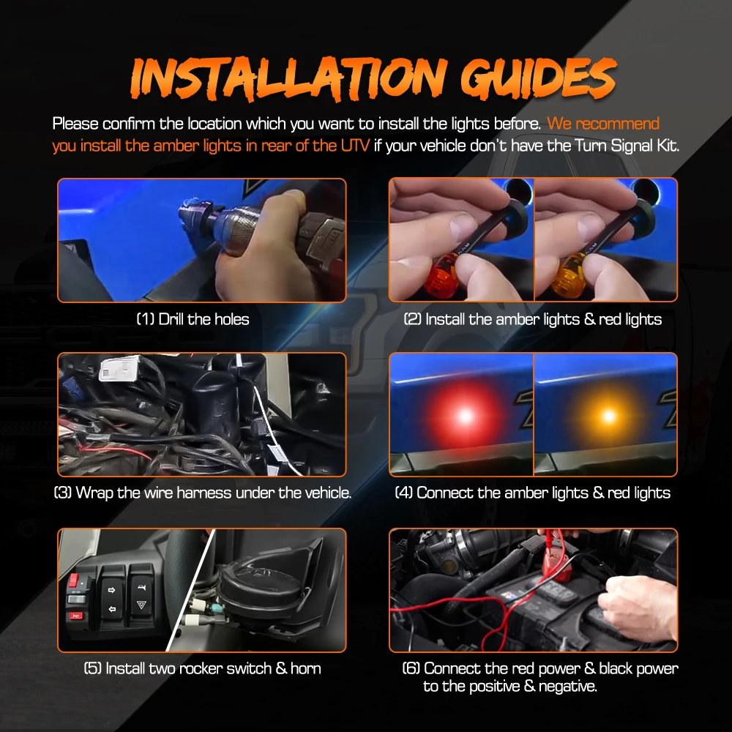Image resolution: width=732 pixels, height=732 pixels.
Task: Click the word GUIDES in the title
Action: pyautogui.click(x=538, y=78)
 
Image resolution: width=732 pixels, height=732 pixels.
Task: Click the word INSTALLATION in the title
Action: pyautogui.click(x=288, y=79)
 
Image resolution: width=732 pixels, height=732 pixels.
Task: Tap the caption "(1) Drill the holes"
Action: pyautogui.click(x=193, y=319)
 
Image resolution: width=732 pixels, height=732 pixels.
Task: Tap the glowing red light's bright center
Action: pyautogui.click(x=465, y=415)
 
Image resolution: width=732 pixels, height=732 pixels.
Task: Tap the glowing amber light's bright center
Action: pyautogui.click(x=608, y=415)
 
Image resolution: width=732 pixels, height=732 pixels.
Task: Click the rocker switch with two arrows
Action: pyautogui.click(x=112, y=598)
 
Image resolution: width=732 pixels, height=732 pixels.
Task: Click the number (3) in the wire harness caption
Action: pyautogui.click(x=63, y=493)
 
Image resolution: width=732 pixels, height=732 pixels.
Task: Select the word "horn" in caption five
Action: pyautogui.click(x=306, y=668)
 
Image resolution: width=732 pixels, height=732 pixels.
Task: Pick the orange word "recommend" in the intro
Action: pyautogui.click(x=618, y=124)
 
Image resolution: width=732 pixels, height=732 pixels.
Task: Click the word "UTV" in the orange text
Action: pyautogui.click(x=355, y=146)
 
